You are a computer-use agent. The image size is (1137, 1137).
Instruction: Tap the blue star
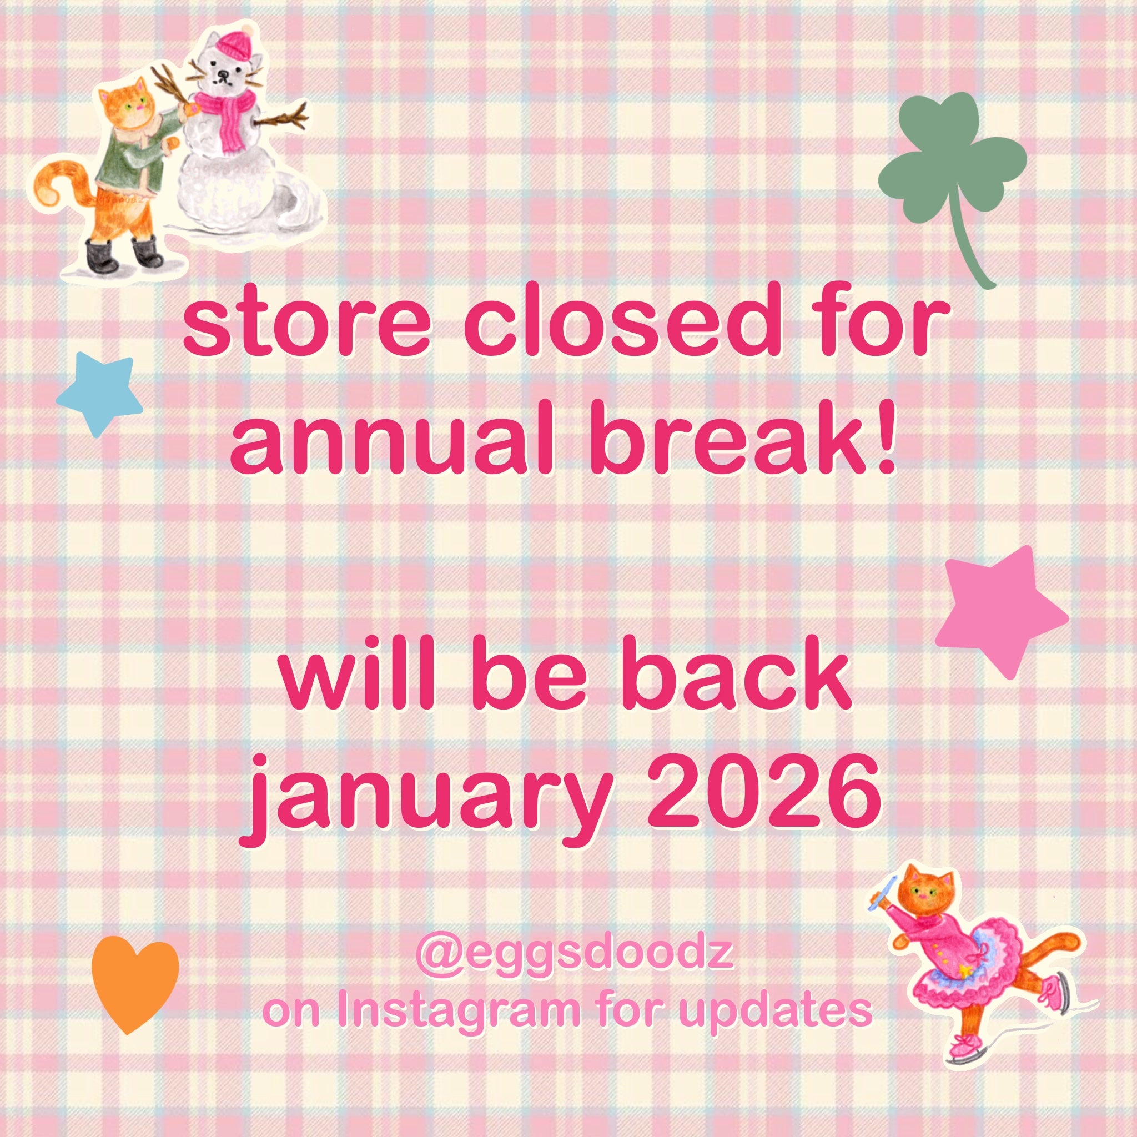(98, 395)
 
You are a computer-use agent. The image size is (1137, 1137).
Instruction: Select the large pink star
(1000, 612)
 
